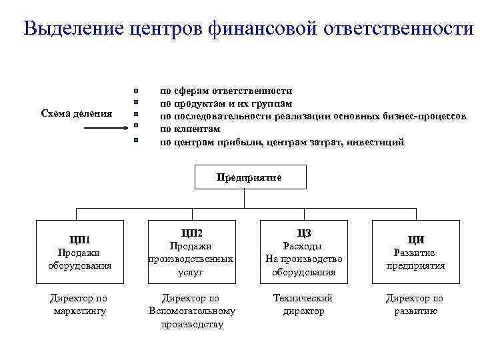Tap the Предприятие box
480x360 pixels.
[x=249, y=177]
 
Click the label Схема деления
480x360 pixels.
[x=76, y=113]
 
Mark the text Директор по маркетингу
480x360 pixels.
[x=79, y=304]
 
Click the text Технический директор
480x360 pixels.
[x=303, y=304]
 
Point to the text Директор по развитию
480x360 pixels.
[x=415, y=304]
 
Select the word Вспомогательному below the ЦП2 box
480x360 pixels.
[x=191, y=311]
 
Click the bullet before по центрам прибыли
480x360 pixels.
[x=135, y=141]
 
